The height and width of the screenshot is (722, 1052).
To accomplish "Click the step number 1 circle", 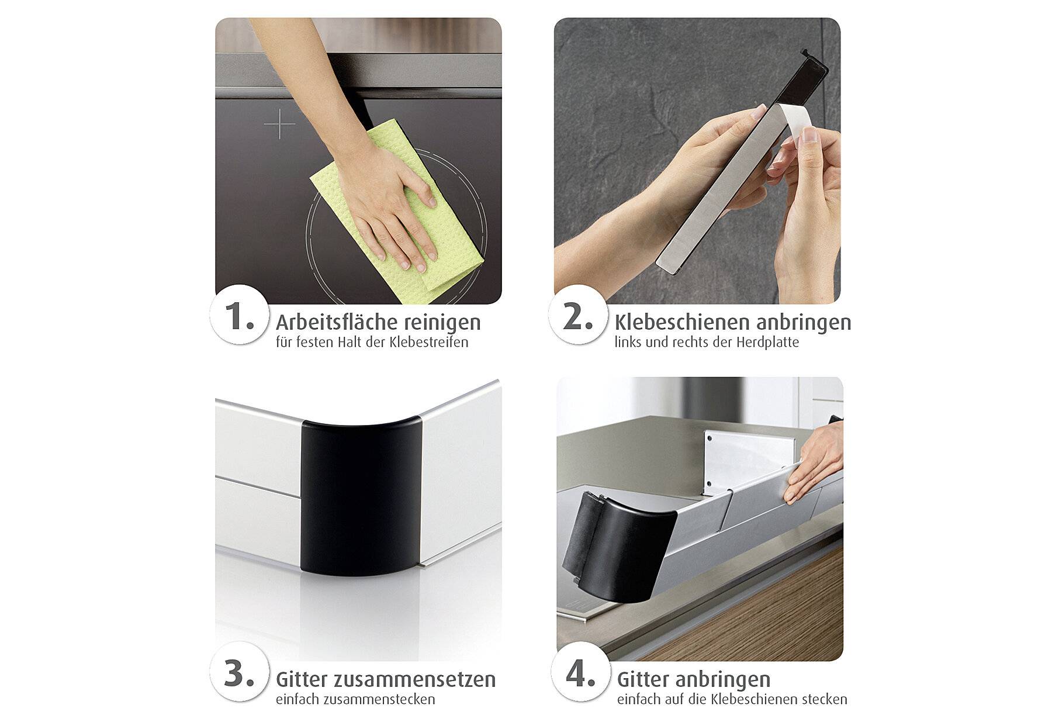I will tap(239, 315).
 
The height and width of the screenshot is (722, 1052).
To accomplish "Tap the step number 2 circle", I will tap(577, 315).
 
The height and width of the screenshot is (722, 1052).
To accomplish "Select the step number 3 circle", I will tap(239, 673).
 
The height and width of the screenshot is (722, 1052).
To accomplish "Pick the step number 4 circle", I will tap(580, 673).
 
